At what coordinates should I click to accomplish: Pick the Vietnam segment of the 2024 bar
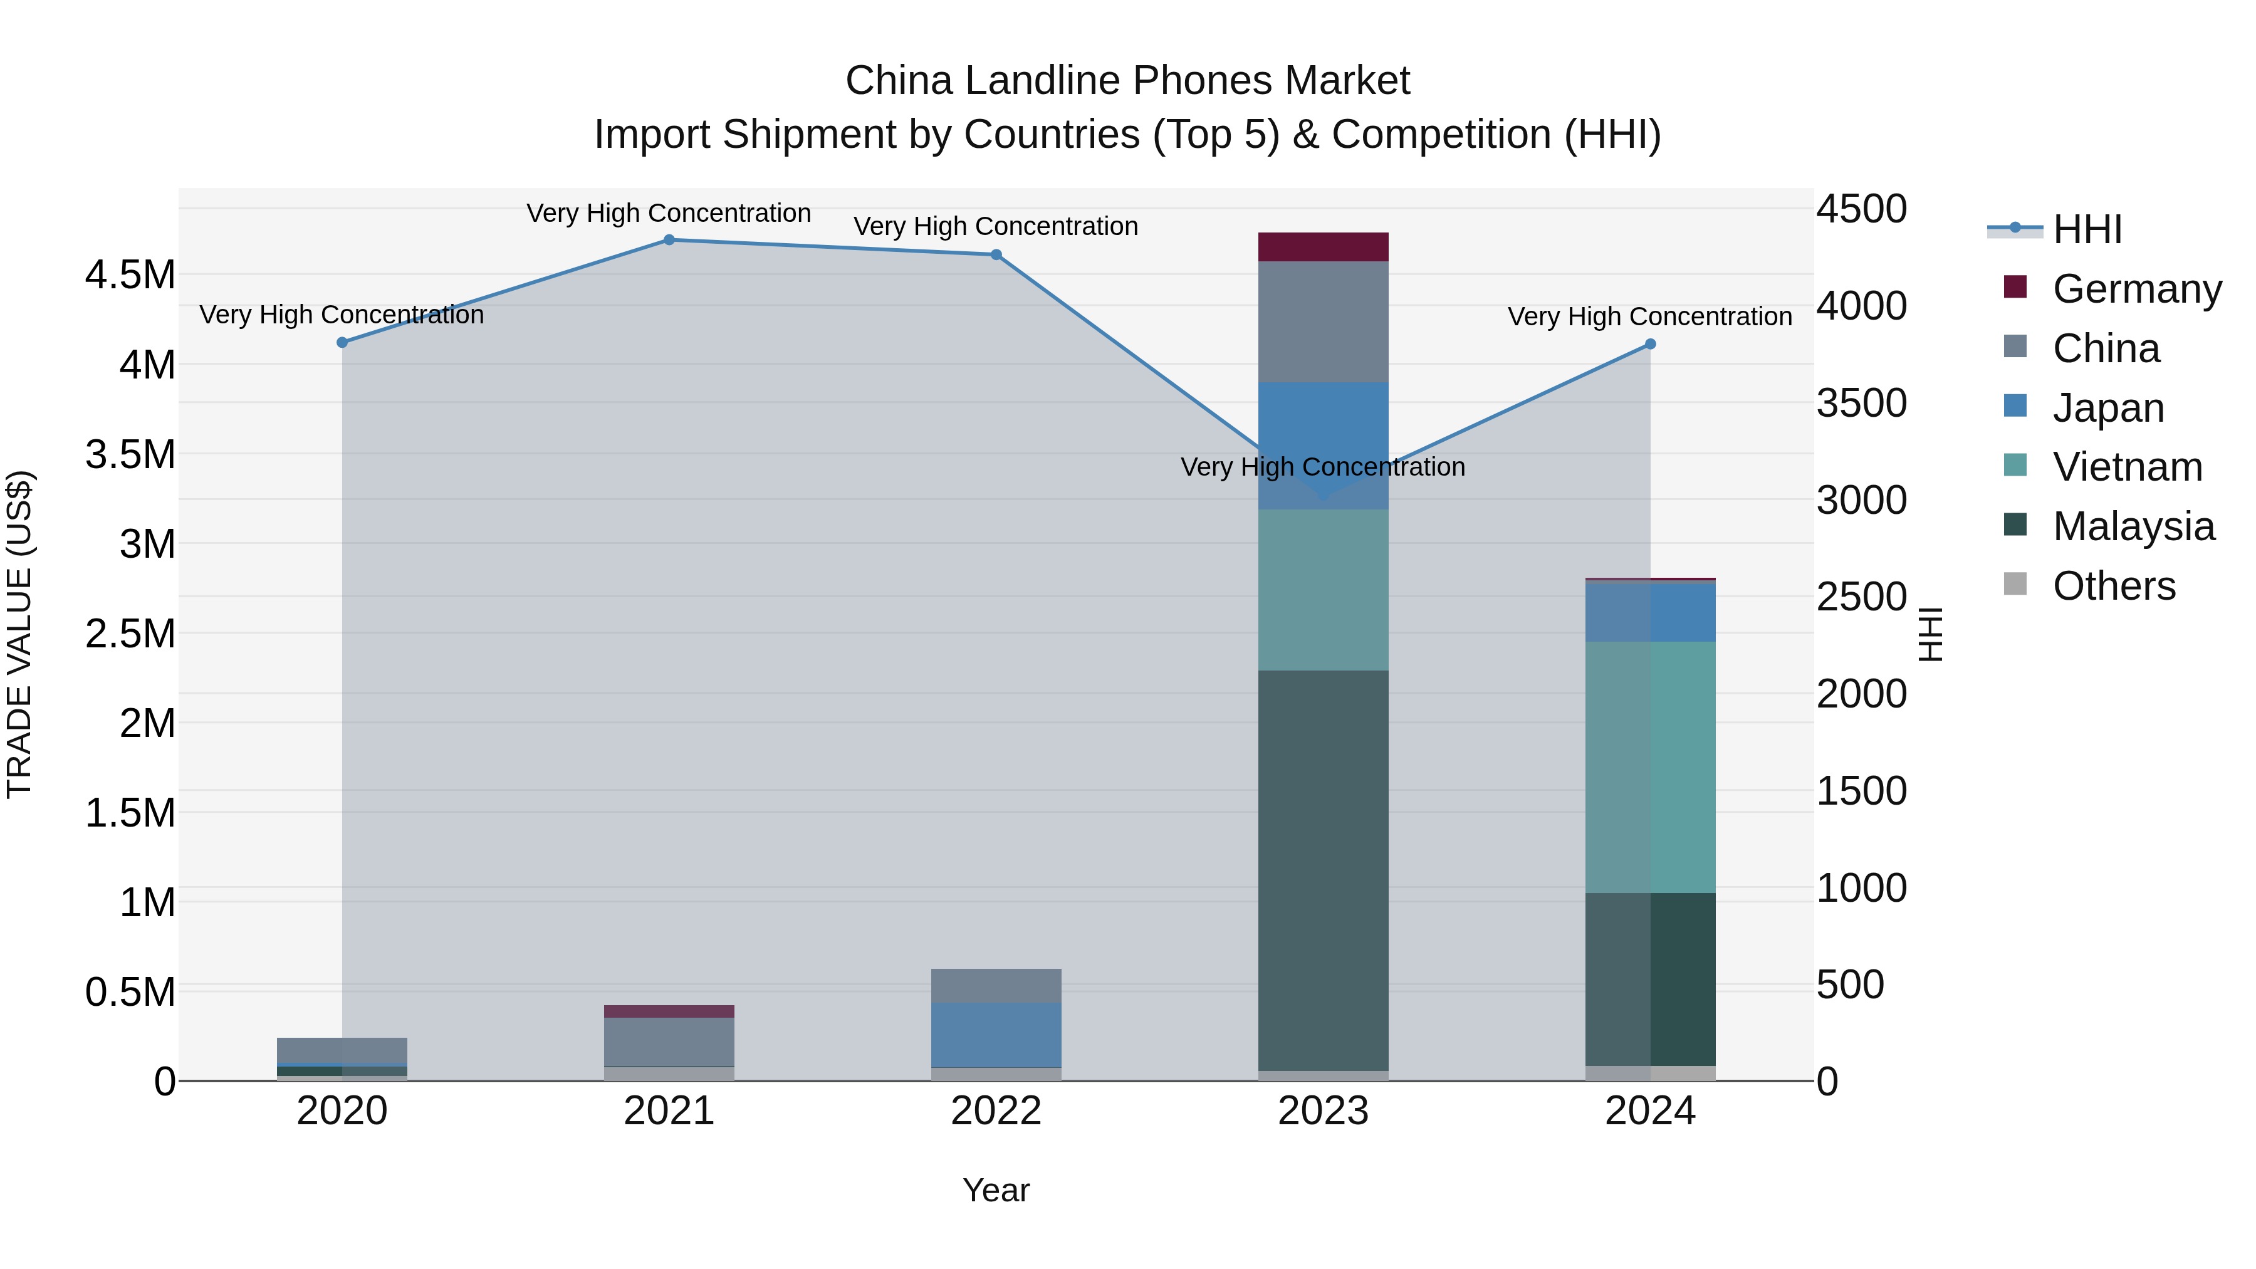(1650, 767)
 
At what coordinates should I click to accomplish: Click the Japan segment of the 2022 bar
(996, 1035)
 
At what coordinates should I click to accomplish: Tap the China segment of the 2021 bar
(669, 1042)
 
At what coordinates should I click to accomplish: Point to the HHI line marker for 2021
(669, 240)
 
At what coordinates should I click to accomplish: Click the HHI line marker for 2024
(1650, 344)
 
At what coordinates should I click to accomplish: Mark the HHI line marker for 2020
(342, 342)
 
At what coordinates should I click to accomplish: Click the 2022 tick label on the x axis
(996, 1111)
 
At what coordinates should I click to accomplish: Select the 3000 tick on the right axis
(1861, 500)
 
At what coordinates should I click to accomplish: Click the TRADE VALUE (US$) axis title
(20, 634)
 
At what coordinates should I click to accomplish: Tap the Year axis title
(996, 1190)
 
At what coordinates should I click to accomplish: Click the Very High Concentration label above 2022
(996, 226)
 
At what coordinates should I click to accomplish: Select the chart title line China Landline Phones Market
(1127, 81)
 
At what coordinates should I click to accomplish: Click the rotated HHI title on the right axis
(1930, 634)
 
